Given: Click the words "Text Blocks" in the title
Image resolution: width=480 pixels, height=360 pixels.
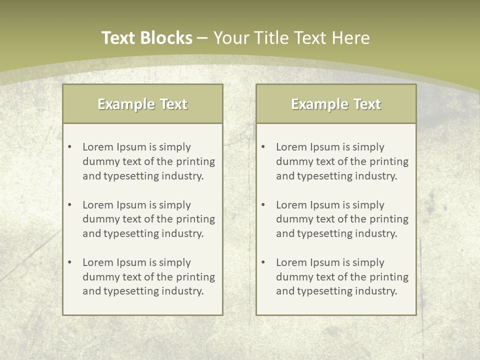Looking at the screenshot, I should coord(146,38).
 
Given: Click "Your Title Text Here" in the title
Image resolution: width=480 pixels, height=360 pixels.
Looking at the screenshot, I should coord(291,38).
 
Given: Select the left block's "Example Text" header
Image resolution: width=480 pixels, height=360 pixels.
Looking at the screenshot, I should coord(142,104).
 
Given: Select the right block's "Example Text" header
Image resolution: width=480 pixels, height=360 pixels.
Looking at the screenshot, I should coord(336,104).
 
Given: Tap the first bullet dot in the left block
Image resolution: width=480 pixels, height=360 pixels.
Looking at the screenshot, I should coord(69,147).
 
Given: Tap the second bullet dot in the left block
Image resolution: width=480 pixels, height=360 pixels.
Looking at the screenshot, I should coord(69,205).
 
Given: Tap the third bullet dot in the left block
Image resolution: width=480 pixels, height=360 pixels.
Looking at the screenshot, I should coord(69,262).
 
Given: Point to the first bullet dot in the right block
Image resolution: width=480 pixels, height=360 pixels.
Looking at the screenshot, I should coord(263,147).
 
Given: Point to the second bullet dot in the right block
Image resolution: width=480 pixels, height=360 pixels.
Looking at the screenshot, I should coord(263,205).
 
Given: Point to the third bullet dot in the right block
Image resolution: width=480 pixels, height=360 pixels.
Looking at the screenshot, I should coord(263,262).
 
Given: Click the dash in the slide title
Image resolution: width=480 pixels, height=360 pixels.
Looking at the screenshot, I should coord(202,38).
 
